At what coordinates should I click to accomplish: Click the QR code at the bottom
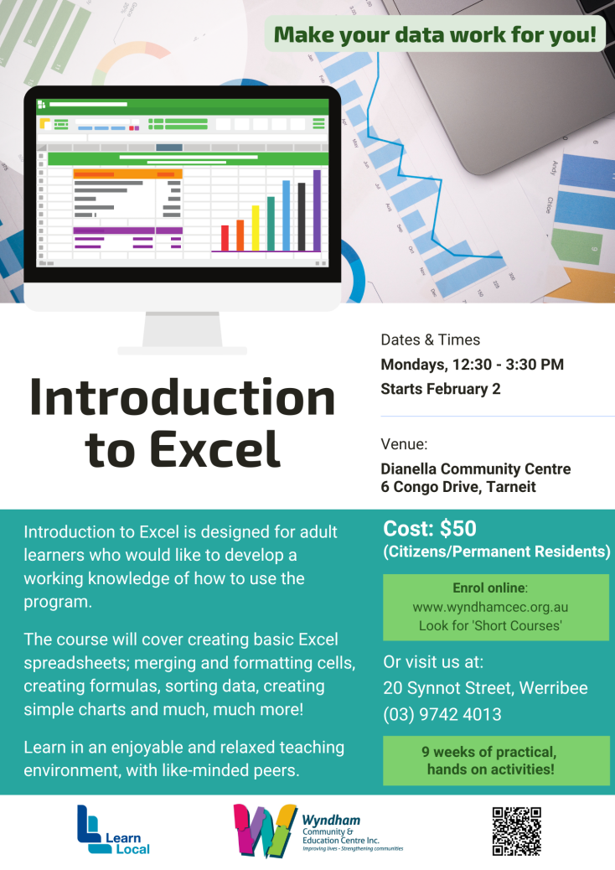[516, 831]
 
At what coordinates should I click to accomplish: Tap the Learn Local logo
[113, 830]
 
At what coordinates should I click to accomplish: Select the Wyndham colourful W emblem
[265, 830]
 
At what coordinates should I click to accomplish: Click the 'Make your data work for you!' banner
[435, 34]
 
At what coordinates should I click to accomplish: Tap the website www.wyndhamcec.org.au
[490, 607]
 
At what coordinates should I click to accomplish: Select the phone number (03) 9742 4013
[442, 715]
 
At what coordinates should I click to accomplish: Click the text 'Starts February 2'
[440, 389]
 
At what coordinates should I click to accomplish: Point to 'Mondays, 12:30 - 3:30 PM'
[472, 365]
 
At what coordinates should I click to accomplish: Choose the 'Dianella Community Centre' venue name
[475, 469]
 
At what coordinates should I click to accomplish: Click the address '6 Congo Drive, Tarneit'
[457, 486]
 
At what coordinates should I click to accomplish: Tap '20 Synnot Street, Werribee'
[485, 688]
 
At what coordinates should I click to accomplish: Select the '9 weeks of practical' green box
[496, 760]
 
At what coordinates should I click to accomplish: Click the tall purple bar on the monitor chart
[317, 210]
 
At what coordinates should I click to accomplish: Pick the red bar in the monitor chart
[225, 237]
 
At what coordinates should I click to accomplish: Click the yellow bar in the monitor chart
[256, 228]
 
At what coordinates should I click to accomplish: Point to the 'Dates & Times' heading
[430, 340]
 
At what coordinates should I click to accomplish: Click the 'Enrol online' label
[490, 589]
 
